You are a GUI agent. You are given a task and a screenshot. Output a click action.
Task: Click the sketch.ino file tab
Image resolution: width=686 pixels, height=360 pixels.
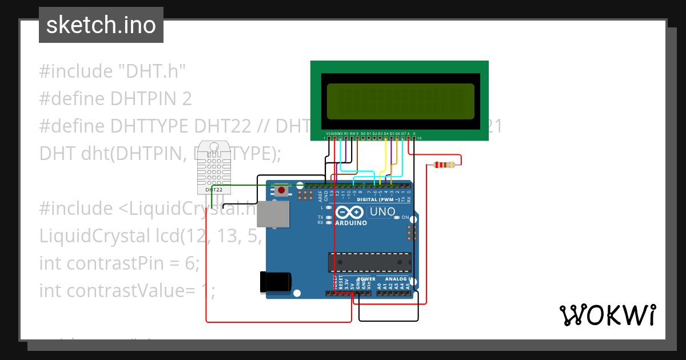(x=101, y=25)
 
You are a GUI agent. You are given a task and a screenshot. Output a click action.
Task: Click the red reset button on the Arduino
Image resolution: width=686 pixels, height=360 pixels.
(x=281, y=190)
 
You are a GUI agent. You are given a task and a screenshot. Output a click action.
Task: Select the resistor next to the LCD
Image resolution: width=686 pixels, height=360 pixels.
(x=445, y=165)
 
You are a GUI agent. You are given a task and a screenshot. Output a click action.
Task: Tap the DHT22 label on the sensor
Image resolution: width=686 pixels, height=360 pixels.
(x=214, y=189)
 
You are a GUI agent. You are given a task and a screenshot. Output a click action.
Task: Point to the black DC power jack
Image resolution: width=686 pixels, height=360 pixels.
(x=276, y=282)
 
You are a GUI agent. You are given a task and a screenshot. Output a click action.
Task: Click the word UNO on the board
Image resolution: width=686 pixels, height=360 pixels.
(x=382, y=212)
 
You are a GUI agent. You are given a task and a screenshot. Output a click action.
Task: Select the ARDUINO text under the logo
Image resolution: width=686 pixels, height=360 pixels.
(x=352, y=223)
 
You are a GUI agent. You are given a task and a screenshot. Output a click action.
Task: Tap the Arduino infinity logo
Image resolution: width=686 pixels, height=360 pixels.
(x=351, y=213)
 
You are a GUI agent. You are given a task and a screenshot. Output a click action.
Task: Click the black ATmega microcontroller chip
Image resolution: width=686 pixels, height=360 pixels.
(x=369, y=262)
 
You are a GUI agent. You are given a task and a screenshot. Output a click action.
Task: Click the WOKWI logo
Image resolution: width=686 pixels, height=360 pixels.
(x=607, y=315)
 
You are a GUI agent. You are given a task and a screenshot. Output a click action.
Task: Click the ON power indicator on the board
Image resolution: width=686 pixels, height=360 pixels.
(x=405, y=218)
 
